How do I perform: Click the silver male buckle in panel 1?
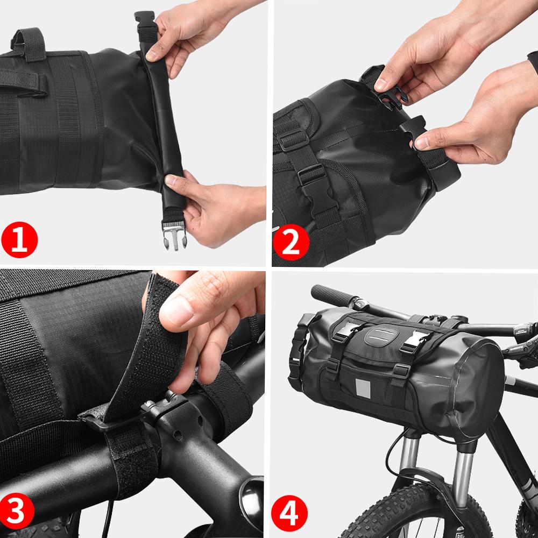pos(174,237)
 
